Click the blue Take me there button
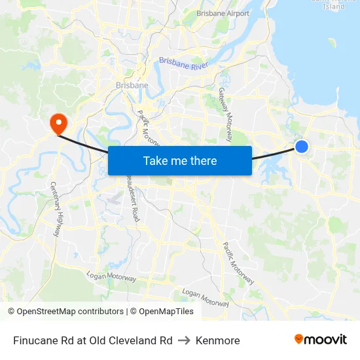pos(180,160)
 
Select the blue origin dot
pos(302,147)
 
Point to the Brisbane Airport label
pos(223,13)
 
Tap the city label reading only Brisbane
pos(132,85)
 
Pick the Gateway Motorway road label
pos(225,115)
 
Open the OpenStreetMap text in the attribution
pos(46,312)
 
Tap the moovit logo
pos(320,339)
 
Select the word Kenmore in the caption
pos(217,340)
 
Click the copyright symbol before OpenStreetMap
pos(11,312)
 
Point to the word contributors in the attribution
pos(100,312)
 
